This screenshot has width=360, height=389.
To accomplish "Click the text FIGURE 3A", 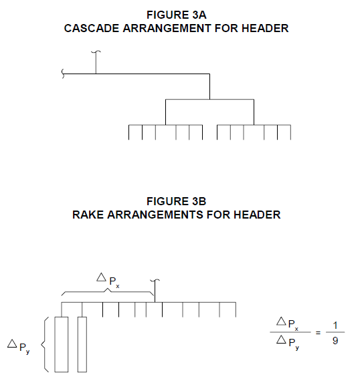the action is click(177, 15).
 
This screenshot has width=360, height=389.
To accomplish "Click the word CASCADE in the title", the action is click(92, 28).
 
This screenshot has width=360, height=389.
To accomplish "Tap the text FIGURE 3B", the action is click(177, 201).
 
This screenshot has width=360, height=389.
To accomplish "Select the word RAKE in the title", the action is click(88, 215).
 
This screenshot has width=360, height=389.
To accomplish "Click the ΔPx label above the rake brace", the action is click(108, 280).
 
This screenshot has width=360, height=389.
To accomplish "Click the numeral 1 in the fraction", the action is click(335, 326).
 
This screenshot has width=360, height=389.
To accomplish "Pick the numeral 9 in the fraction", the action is click(335, 341).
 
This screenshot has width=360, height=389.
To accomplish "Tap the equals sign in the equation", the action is click(318, 333).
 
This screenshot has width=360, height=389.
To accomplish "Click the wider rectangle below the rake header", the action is click(62, 344).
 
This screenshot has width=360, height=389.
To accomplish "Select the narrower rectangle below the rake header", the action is click(82, 344).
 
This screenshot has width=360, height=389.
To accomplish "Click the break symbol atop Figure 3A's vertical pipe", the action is click(96, 52).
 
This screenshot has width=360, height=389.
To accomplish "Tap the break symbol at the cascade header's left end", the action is click(63, 74).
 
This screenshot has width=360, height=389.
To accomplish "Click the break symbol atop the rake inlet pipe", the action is click(155, 281).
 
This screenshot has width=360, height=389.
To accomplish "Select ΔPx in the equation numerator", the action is click(288, 323).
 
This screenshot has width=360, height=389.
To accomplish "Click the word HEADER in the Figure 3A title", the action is click(265, 28).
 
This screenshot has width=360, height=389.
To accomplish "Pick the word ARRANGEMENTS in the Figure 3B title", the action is click(155, 215).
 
